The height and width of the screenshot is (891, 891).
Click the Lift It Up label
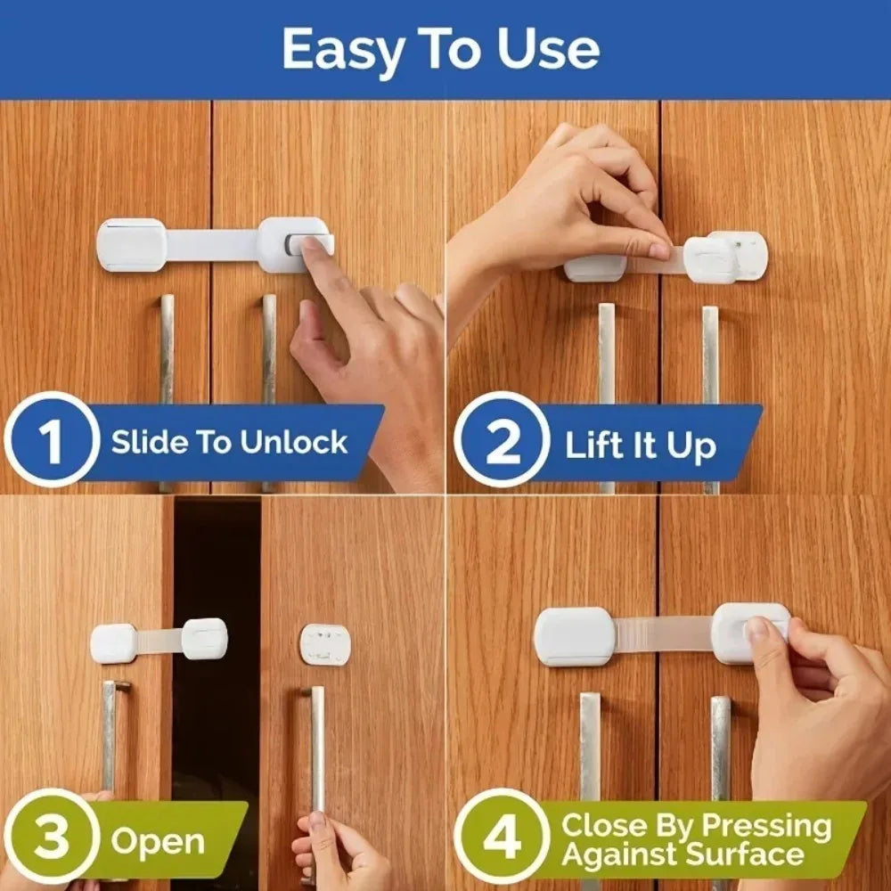[x=640, y=445]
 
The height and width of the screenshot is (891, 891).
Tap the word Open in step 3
[x=158, y=841]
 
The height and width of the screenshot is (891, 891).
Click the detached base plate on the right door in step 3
[x=324, y=644]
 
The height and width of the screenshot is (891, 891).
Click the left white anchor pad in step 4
[x=575, y=636]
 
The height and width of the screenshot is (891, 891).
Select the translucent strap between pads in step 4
[x=664, y=634]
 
